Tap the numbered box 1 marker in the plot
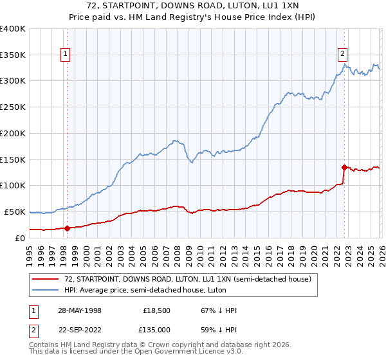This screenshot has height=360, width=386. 66,55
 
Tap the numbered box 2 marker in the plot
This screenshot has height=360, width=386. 343,55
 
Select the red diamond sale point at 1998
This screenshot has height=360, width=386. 67,228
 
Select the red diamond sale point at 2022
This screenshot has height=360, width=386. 345,167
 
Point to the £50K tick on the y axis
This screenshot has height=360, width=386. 15,212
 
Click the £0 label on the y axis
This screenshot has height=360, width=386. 21,238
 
